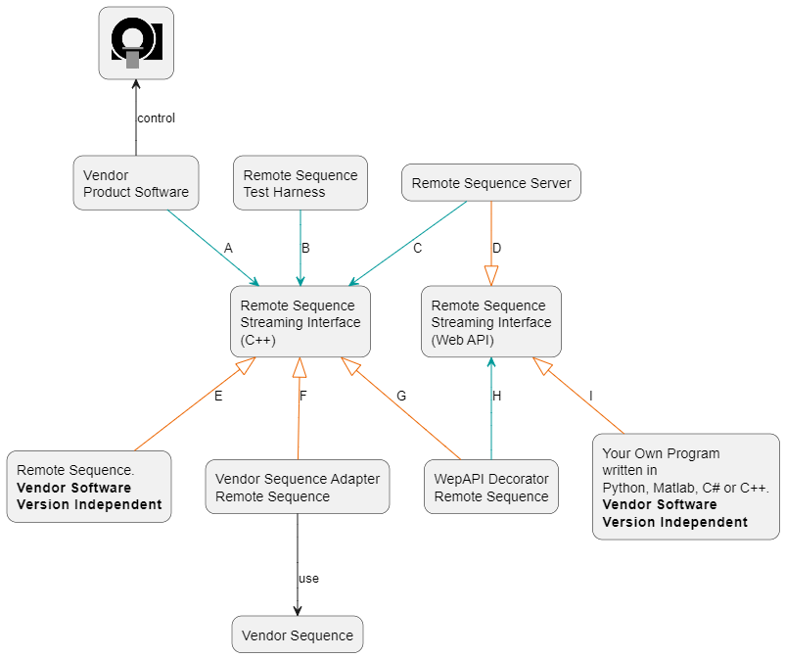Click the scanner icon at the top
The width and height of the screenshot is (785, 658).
tap(136, 43)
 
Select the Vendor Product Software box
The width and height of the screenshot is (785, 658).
tap(136, 183)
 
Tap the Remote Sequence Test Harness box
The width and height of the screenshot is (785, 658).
tap(300, 183)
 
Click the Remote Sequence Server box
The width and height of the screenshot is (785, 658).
tap(491, 183)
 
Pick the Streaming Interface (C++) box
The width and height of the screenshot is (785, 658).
tap(300, 322)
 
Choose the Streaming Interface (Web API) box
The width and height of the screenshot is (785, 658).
tap(491, 322)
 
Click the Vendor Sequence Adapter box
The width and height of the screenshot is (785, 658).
tap(298, 488)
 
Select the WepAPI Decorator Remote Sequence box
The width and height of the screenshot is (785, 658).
tap(491, 488)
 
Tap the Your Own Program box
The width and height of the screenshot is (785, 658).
tap(685, 487)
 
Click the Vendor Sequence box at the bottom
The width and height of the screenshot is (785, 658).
tap(298, 634)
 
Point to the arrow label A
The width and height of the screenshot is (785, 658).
tap(228, 249)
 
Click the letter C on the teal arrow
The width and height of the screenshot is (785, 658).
tap(417, 249)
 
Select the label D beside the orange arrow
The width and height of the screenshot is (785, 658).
tap(497, 249)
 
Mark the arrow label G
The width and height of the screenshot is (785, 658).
tap(401, 397)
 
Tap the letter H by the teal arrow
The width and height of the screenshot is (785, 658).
tap(497, 397)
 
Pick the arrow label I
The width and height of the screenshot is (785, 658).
tap(591, 397)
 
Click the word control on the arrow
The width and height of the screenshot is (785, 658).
tap(157, 118)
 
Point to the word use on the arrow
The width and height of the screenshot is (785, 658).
tap(309, 579)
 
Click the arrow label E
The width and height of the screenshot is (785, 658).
tap(218, 397)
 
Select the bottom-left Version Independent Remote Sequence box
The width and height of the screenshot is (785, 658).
tap(88, 487)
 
